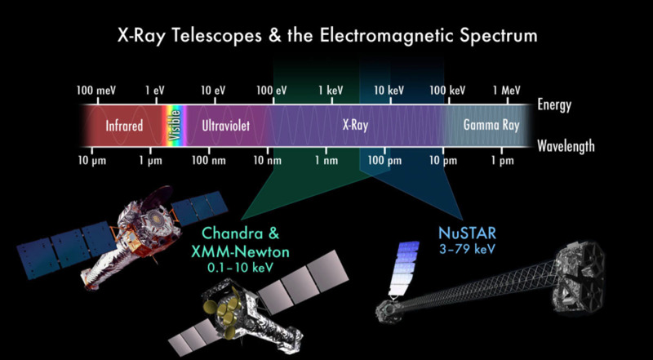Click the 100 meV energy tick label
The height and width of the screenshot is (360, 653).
[x=96, y=91]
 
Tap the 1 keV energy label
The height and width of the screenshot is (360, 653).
[x=331, y=91]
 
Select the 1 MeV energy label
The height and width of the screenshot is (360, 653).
[x=507, y=91]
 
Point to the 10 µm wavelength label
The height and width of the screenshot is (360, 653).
[x=92, y=162]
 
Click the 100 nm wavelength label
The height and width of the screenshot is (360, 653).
[x=209, y=161]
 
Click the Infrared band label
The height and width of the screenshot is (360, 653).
[x=124, y=126]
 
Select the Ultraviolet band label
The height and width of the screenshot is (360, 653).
[x=226, y=126]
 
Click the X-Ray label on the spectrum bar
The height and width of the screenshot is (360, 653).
[x=355, y=126]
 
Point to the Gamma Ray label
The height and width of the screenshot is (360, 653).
[x=491, y=126]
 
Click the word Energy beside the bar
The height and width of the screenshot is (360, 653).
[x=554, y=104]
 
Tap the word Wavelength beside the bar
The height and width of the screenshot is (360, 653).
[x=566, y=146]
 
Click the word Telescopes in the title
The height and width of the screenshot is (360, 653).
[x=212, y=36]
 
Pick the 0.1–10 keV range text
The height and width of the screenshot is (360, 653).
[x=240, y=267]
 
